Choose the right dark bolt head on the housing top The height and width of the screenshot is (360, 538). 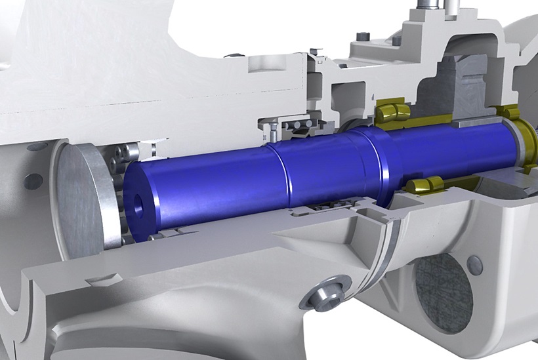(397, 41)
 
